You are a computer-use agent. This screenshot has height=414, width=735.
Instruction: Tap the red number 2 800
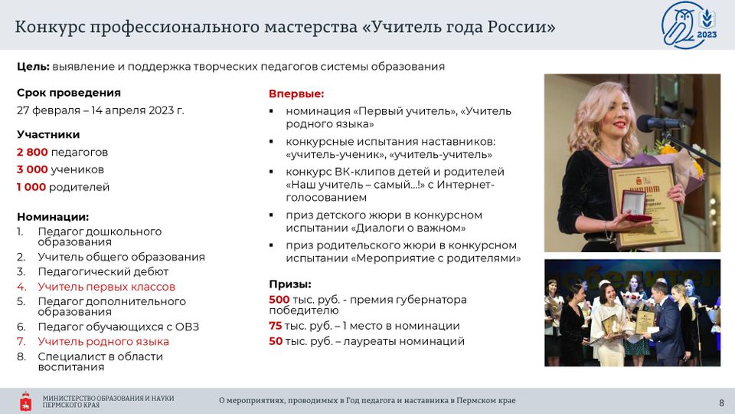(32, 152)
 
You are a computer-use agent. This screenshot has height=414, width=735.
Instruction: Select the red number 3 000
(32, 169)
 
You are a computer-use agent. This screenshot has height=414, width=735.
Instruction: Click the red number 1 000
(31, 187)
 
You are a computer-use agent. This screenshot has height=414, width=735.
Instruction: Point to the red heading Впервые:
(296, 94)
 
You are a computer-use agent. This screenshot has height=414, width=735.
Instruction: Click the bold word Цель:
(33, 67)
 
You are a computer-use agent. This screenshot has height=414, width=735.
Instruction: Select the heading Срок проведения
(69, 93)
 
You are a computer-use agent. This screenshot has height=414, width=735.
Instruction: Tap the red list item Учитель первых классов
(106, 287)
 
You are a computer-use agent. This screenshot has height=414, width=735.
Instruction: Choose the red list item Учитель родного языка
(103, 342)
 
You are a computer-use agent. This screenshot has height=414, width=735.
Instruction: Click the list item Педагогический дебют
(103, 271)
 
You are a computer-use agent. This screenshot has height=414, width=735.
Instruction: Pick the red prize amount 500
(279, 300)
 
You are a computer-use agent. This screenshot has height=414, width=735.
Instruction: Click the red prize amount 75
(275, 326)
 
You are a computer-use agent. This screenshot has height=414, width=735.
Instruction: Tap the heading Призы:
(290, 284)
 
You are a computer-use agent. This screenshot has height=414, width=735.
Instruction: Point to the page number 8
(721, 402)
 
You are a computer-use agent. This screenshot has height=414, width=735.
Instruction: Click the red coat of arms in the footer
(26, 401)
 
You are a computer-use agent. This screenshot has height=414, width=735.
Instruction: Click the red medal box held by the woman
(635, 205)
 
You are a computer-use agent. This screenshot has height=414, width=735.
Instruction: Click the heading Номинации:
(53, 217)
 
